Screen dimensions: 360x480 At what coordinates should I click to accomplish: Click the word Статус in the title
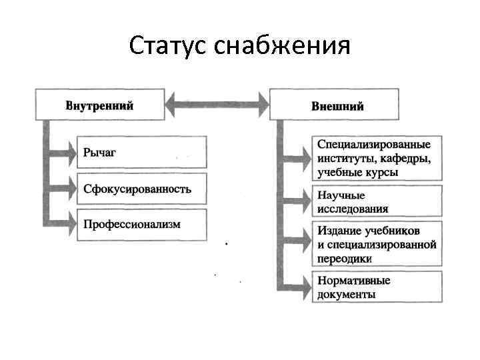tap(169, 46)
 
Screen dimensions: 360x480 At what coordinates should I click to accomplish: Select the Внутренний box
tap(99, 105)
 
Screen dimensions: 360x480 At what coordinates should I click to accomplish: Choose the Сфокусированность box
tap(142, 189)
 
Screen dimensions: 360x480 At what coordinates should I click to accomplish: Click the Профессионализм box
tap(142, 224)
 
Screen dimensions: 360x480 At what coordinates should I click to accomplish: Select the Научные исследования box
tap(377, 201)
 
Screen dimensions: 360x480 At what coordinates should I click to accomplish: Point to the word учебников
tap(393, 231)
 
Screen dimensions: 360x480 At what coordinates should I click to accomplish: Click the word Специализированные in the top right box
tap(373, 145)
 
